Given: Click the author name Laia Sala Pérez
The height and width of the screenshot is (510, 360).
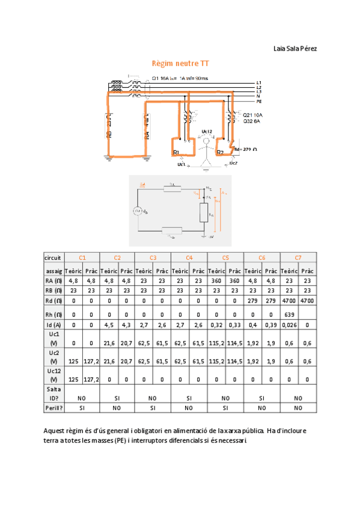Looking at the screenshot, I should (295, 48).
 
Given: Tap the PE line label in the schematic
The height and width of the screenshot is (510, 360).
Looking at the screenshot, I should (259, 102).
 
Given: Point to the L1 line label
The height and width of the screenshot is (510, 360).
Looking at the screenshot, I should (259, 82).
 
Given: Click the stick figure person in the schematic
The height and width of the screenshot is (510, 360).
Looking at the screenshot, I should (206, 151).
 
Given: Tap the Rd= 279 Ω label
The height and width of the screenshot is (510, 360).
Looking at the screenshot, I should (245, 149).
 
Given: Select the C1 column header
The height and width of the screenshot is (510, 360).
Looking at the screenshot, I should (82, 257).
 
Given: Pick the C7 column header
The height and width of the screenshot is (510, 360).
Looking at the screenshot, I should (298, 257).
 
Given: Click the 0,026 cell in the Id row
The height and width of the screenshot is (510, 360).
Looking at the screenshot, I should (289, 325).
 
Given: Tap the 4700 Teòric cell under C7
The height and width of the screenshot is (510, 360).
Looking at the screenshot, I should (289, 300).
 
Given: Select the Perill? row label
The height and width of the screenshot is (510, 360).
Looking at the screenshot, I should (53, 407).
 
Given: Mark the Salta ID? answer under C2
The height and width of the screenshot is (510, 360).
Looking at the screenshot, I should (118, 398).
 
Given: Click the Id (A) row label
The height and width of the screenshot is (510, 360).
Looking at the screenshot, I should (53, 325).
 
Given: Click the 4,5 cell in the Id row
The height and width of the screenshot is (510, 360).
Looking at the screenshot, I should (109, 325).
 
